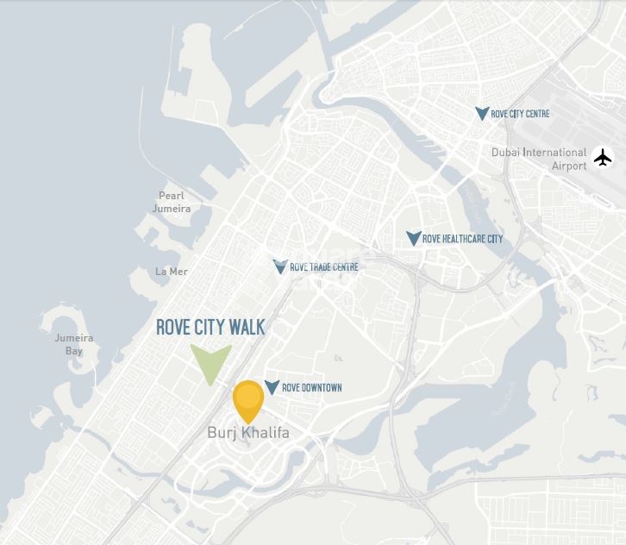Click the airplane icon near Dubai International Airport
(603, 158)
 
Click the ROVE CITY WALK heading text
(210, 328)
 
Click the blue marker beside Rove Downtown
(272, 387)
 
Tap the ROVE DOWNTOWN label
(312, 388)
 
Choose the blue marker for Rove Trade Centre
(279, 266)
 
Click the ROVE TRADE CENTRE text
(323, 267)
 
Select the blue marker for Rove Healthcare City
(414, 238)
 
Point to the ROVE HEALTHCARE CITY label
(462, 239)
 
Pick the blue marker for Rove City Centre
(482, 113)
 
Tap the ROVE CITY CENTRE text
(520, 114)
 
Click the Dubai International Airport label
(539, 159)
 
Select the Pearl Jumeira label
(172, 202)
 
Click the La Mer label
(171, 272)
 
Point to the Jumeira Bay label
(74, 344)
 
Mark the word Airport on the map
(569, 166)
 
